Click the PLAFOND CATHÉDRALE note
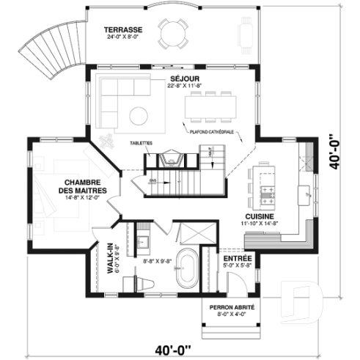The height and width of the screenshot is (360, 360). click(212, 132)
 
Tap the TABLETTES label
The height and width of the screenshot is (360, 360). click(141, 144)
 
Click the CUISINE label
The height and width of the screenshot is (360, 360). click(260, 217)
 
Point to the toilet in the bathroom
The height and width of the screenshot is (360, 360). click(135, 282)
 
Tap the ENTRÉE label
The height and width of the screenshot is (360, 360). click(238, 260)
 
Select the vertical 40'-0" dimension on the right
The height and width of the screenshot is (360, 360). click(334, 151)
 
